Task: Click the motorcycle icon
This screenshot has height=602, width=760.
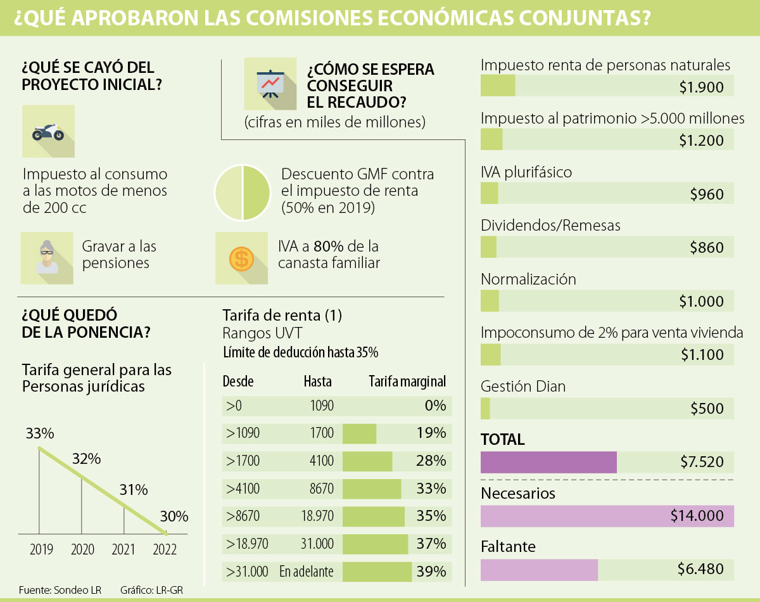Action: [x=48, y=132]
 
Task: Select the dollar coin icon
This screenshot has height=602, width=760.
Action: [x=241, y=257]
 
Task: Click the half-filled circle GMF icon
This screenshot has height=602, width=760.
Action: [x=241, y=193]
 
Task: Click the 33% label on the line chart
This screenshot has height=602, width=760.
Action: [x=40, y=434]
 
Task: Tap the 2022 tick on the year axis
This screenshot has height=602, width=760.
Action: [x=165, y=549]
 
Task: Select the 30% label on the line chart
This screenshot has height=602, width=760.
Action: [x=174, y=516]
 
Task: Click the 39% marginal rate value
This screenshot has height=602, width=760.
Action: [x=431, y=572]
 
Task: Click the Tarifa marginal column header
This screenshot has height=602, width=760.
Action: [x=407, y=381]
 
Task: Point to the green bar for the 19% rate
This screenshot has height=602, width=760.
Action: [x=359, y=434]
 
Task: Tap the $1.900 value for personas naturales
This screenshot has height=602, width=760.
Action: [x=701, y=87]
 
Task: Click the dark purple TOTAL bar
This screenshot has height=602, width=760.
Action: [x=548, y=462]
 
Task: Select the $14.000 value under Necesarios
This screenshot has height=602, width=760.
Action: [x=697, y=516]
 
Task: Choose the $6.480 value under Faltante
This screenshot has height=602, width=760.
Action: [x=700, y=570]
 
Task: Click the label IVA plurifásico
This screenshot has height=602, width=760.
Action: [x=526, y=172]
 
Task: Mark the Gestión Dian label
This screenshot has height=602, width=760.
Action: [x=523, y=386]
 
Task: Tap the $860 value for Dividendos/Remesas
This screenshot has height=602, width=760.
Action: [x=706, y=248]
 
